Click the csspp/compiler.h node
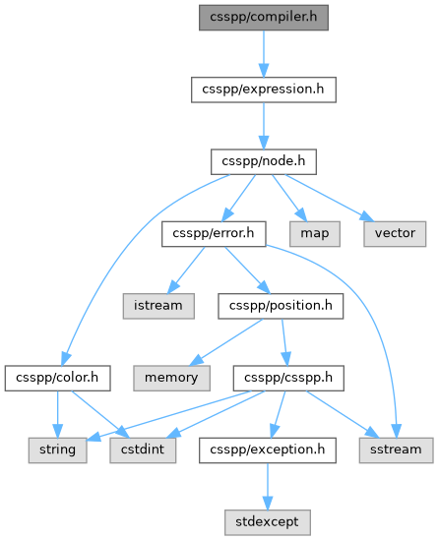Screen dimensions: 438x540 (x=263, y=18)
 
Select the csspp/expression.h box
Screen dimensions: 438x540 (x=263, y=90)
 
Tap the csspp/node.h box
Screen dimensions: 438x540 (x=263, y=161)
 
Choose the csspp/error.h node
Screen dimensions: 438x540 (x=214, y=234)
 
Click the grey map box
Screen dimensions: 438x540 (x=315, y=234)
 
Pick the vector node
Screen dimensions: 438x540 (x=395, y=234)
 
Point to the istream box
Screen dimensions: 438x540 (x=158, y=306)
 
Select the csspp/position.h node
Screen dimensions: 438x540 (x=281, y=306)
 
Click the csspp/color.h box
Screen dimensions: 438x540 (x=57, y=378)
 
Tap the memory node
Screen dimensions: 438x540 (x=171, y=378)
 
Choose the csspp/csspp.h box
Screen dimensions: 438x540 (x=288, y=378)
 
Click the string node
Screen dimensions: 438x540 (x=57, y=450)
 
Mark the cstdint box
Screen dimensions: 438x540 (x=143, y=450)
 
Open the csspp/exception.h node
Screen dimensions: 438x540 (x=268, y=450)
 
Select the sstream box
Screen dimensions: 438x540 (x=396, y=450)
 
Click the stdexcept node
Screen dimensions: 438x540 (x=268, y=522)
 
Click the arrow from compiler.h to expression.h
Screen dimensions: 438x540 (x=264, y=54)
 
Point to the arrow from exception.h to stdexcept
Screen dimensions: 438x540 (x=268, y=486)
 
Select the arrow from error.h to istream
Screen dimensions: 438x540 (x=186, y=270)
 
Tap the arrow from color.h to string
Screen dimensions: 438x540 (x=57, y=414)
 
